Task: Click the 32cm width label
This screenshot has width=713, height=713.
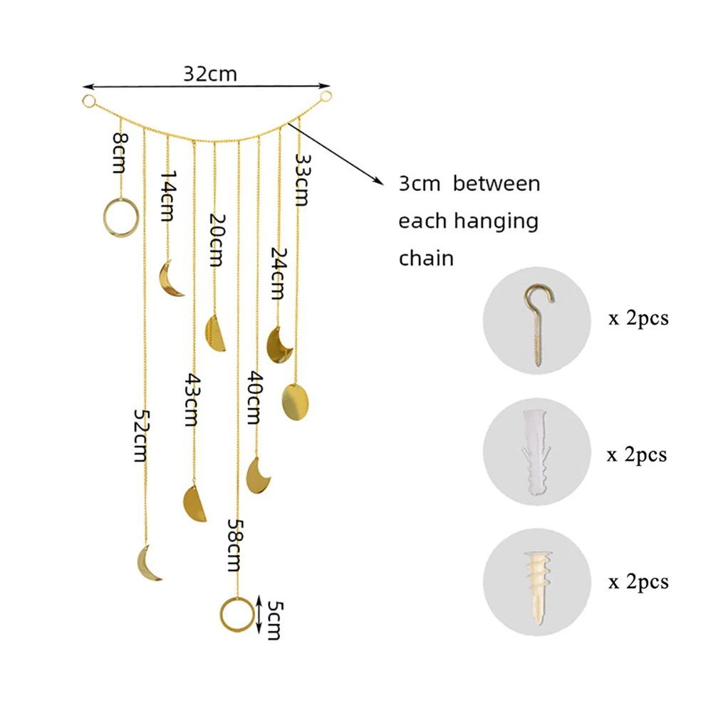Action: (x=209, y=74)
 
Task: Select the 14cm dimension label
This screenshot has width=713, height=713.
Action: (x=168, y=194)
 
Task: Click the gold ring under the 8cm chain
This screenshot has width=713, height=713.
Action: (x=118, y=217)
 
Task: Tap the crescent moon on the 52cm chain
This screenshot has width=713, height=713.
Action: (x=148, y=563)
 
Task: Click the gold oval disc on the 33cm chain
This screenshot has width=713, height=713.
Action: (x=296, y=401)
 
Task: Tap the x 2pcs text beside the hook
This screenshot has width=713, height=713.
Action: (x=638, y=318)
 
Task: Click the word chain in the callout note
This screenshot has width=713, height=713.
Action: (x=425, y=257)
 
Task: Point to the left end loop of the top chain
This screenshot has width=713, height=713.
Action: (x=89, y=101)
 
